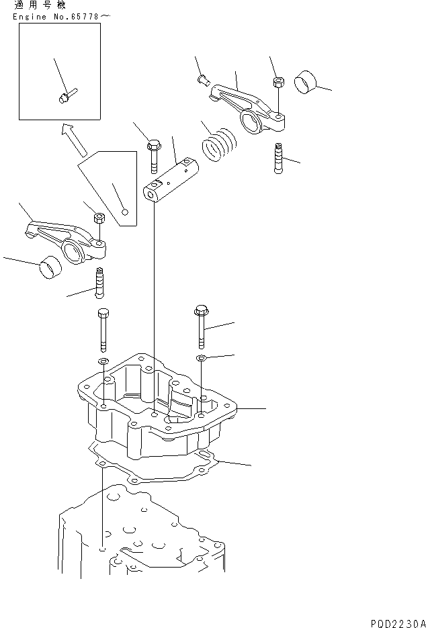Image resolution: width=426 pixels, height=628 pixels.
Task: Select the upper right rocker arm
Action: click(x=249, y=108)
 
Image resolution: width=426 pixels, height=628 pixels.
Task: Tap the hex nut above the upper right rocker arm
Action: click(x=277, y=83)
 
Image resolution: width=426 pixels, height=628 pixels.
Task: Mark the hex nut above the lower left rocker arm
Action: click(x=99, y=218)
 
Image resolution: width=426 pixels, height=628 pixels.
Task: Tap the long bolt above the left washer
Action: click(x=102, y=329)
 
